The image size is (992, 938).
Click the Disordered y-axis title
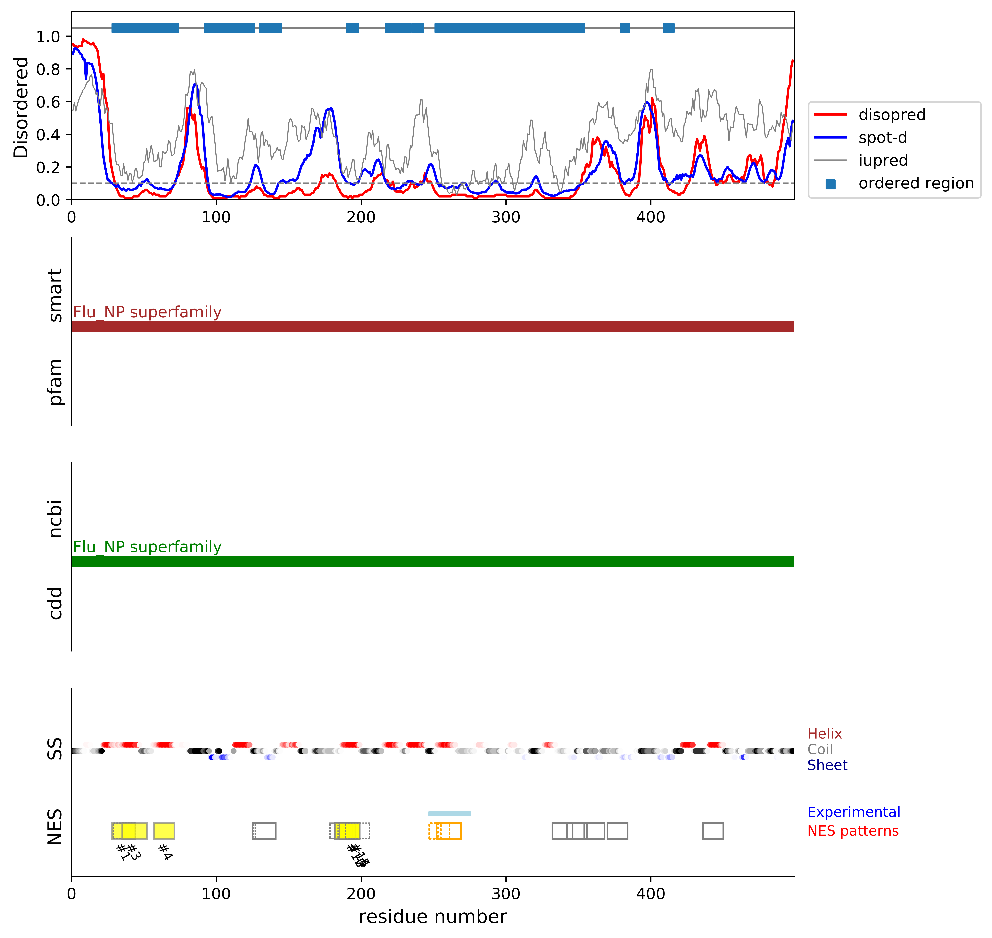pyautogui.click(x=21, y=108)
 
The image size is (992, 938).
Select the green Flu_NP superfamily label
pyautogui.click(x=147, y=547)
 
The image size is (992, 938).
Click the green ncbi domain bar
pyautogui.click(x=433, y=562)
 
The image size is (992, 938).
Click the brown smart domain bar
pyautogui.click(x=433, y=327)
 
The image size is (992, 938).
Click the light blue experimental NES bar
pyautogui.click(x=449, y=813)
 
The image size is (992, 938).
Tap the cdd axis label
pyautogui.click(x=55, y=603)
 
